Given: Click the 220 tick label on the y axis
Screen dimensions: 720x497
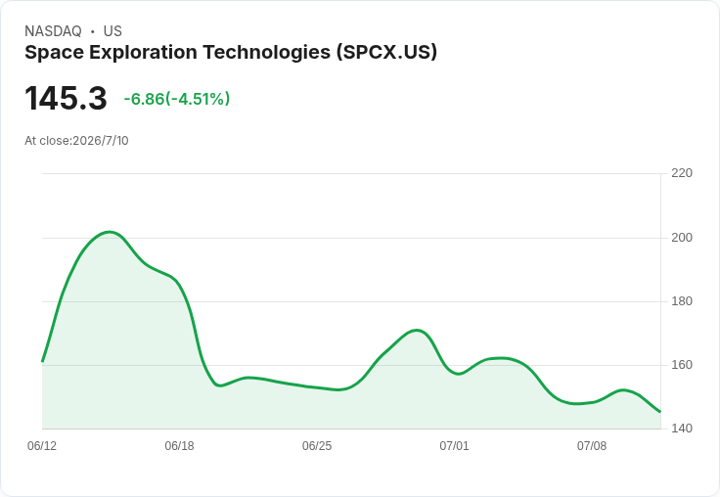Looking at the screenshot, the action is (682, 173).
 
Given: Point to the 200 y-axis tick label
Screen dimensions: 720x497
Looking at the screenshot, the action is (682, 238).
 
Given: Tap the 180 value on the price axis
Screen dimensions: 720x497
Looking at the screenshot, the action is (682, 301).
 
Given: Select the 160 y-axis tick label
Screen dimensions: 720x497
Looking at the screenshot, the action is (682, 365).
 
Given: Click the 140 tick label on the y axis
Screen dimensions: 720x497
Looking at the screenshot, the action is (682, 429).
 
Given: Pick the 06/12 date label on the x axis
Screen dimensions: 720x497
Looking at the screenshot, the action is (42, 446).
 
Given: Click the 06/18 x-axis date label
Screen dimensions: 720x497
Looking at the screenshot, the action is (179, 446).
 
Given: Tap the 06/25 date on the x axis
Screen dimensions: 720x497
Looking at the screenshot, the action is (316, 446).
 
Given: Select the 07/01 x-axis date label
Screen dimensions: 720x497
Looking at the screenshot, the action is (454, 446).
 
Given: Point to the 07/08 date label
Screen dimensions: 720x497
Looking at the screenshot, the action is (592, 446).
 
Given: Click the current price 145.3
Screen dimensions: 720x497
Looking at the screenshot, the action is (66, 98).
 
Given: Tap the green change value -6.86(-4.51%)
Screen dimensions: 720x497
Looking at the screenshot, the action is (177, 99).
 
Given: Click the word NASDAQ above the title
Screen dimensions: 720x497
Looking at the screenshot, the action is (53, 31).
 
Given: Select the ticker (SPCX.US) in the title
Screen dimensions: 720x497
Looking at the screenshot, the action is (386, 53).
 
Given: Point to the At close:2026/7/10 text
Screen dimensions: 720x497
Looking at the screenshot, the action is (76, 141).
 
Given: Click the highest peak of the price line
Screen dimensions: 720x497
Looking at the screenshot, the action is (110, 232).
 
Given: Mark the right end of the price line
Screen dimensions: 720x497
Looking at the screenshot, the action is (660, 412).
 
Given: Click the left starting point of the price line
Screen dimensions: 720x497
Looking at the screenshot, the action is (42, 361).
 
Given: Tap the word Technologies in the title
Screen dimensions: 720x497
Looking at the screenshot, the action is (267, 53).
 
